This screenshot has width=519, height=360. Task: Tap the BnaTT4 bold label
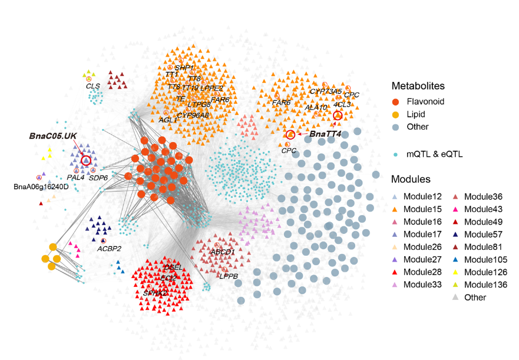325,135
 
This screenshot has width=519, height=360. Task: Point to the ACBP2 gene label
109,249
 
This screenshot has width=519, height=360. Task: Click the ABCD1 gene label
223,252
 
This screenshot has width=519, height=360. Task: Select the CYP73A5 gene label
325,91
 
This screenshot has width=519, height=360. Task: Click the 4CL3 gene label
342,104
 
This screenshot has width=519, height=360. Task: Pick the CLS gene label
92,86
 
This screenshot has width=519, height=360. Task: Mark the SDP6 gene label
98,177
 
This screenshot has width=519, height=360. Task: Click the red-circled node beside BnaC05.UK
86,160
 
